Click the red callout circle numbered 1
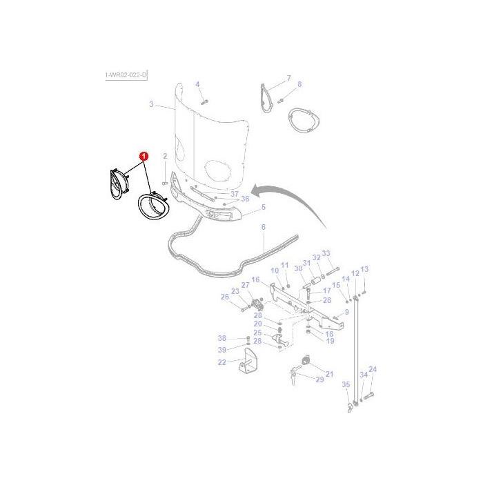(144, 157)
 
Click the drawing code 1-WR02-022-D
(126, 75)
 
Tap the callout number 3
(151, 105)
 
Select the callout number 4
(197, 84)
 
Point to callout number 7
(289, 78)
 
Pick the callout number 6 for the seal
(263, 227)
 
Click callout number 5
(263, 207)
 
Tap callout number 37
(234, 194)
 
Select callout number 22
(221, 362)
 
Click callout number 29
(319, 379)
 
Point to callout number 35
(346, 385)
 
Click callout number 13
(364, 269)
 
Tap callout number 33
(326, 253)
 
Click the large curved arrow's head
(254, 190)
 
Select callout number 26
(224, 297)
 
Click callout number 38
(221, 338)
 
